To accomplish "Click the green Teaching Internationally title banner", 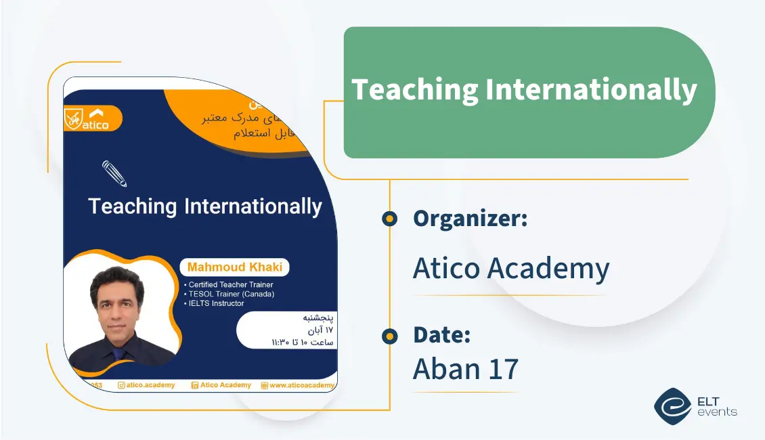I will click(x=528, y=91).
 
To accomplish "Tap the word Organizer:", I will click(x=470, y=218).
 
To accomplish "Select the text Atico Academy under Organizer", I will click(x=511, y=268).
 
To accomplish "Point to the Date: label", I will click(x=441, y=334).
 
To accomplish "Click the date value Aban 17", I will click(x=466, y=368).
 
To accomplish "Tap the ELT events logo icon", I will click(x=672, y=405).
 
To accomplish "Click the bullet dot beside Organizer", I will click(x=389, y=218).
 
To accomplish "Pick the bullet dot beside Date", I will click(x=389, y=335).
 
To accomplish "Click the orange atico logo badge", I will click(x=93, y=118).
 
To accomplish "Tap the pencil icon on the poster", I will click(x=114, y=173).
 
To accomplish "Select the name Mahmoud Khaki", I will click(x=235, y=267).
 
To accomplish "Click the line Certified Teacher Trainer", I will click(x=230, y=285).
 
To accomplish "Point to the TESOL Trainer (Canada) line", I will click(x=231, y=294).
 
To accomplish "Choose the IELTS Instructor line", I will click(x=216, y=303).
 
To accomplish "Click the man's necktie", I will click(x=120, y=353).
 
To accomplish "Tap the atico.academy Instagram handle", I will click(x=146, y=385).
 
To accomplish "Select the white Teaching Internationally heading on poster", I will click(x=205, y=206).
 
